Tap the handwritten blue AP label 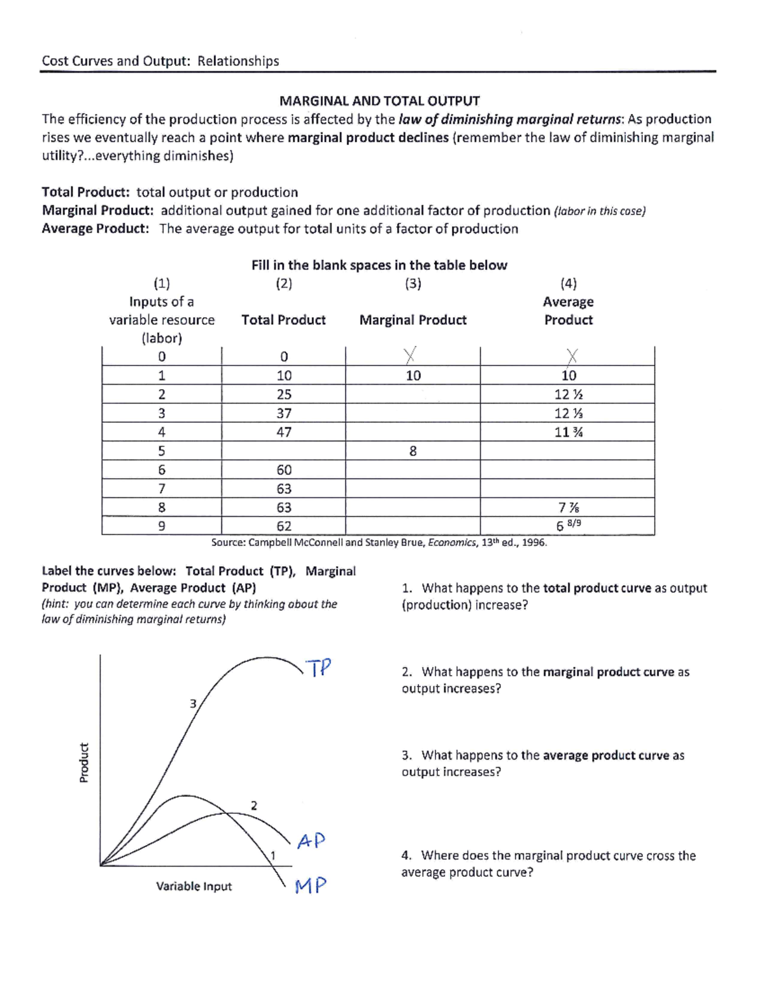pos(311,841)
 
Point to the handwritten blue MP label pos(311,886)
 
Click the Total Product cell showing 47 pos(284,432)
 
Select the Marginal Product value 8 pos(413,451)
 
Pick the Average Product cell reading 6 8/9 pos(568,525)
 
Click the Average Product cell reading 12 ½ pos(569,394)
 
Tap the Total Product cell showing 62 pos(284,526)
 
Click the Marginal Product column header pos(413,320)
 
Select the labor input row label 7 pos(162,488)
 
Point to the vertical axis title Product pos(84,762)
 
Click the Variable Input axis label pos(194,886)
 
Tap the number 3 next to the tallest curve pos(193,704)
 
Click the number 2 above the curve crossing pos(254,806)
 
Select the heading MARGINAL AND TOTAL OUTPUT pos(379,101)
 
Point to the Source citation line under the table pos(379,543)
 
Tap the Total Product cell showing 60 pos(284,470)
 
